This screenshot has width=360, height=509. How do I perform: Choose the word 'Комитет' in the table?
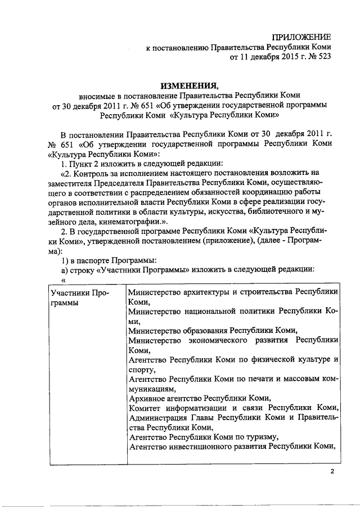[145, 408]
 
